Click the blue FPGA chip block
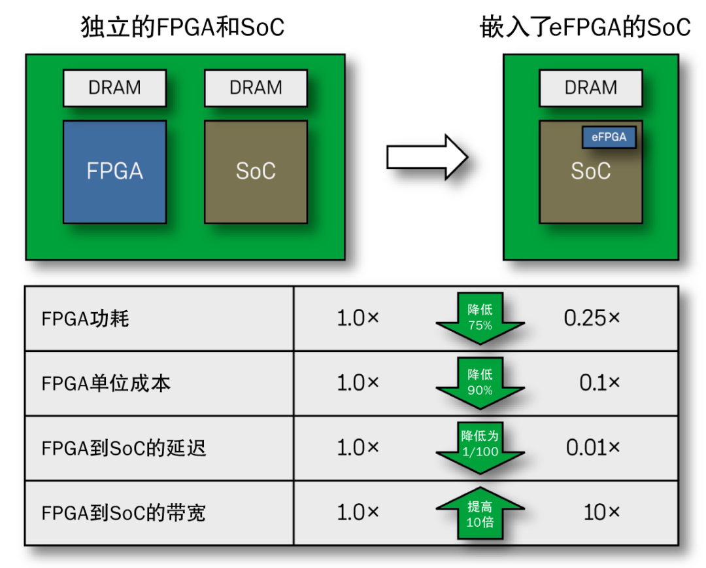tap(114, 171)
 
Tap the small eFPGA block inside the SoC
tap(609, 137)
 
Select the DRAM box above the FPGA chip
tap(114, 88)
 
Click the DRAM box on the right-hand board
tap(590, 88)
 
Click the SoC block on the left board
tap(256, 171)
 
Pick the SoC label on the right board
tap(590, 171)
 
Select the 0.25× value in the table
tap(592, 318)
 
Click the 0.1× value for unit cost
tap(599, 383)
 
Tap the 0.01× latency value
tap(592, 448)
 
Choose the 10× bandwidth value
tap(601, 512)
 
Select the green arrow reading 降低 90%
tap(480, 383)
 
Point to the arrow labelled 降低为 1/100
tap(480, 446)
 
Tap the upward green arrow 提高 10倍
tap(480, 513)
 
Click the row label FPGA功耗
tap(85, 319)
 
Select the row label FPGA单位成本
tap(106, 383)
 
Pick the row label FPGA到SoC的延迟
tap(124, 448)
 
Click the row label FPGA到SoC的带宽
tap(124, 513)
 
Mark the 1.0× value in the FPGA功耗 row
tap(358, 318)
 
